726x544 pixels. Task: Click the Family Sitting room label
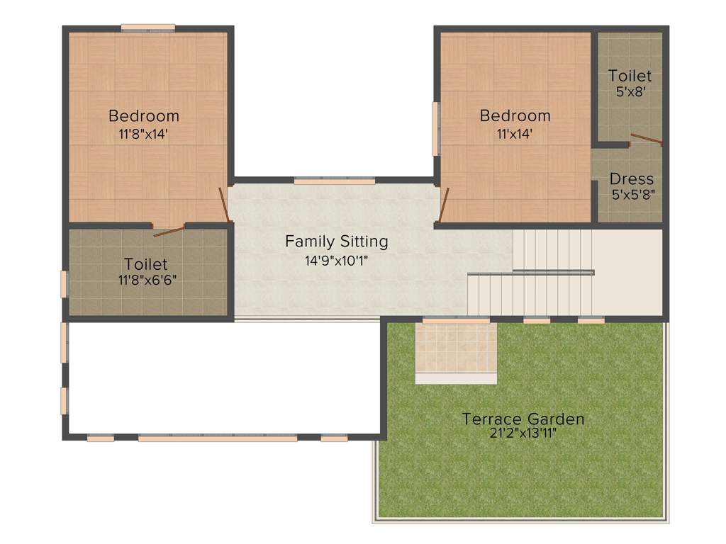point(337,242)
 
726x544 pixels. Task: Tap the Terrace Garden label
point(523,419)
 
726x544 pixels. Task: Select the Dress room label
point(631,178)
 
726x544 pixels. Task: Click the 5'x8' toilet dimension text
point(630,91)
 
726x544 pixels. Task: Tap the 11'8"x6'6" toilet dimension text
point(147,280)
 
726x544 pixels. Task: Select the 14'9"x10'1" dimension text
point(337,260)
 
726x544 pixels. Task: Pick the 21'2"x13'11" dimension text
point(523,433)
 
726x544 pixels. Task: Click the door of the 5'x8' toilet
point(646,139)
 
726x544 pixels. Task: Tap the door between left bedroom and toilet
point(169,230)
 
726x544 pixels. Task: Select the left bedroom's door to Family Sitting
point(224,204)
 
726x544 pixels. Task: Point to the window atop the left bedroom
point(147,28)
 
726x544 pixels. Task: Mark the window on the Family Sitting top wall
point(334,181)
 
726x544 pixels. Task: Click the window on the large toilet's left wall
point(64,284)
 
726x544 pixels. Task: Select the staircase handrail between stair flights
point(553,272)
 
